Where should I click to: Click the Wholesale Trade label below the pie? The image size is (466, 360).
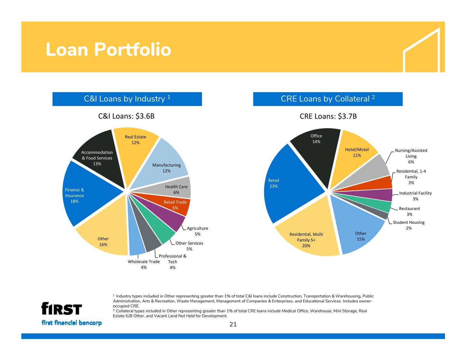144,264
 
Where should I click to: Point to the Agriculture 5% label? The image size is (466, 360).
197,231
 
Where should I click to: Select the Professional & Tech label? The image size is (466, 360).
172,262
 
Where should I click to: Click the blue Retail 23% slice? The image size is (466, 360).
287,184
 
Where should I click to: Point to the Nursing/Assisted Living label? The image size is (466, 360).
411,156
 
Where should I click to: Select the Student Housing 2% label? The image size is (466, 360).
409,225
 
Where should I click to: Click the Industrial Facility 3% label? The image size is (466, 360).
415,196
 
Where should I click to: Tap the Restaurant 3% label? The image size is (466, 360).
409,211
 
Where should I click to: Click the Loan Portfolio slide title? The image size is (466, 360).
108,49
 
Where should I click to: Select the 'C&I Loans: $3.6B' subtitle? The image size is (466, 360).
126,116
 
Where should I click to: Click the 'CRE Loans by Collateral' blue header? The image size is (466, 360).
328,99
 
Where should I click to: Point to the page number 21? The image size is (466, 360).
233,324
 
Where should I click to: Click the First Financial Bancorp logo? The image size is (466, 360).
72,314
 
